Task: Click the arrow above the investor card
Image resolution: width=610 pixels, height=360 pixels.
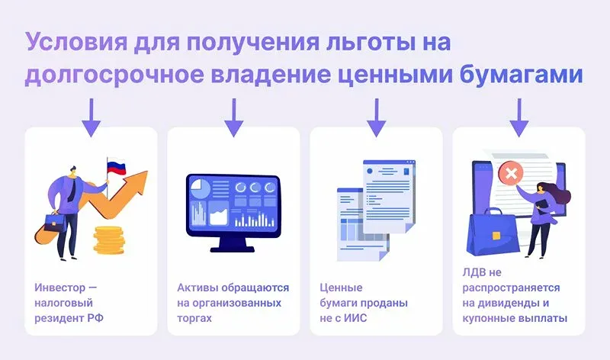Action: coord(91,117)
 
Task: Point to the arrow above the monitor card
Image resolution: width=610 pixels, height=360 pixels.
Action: coord(233,117)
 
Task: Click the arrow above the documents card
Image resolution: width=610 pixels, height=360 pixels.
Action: coord(376,117)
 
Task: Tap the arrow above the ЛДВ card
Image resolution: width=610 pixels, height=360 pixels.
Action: coord(518,117)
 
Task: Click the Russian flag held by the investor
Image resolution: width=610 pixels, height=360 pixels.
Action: coord(115,167)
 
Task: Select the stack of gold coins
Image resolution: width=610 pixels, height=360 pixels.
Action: coord(109,239)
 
